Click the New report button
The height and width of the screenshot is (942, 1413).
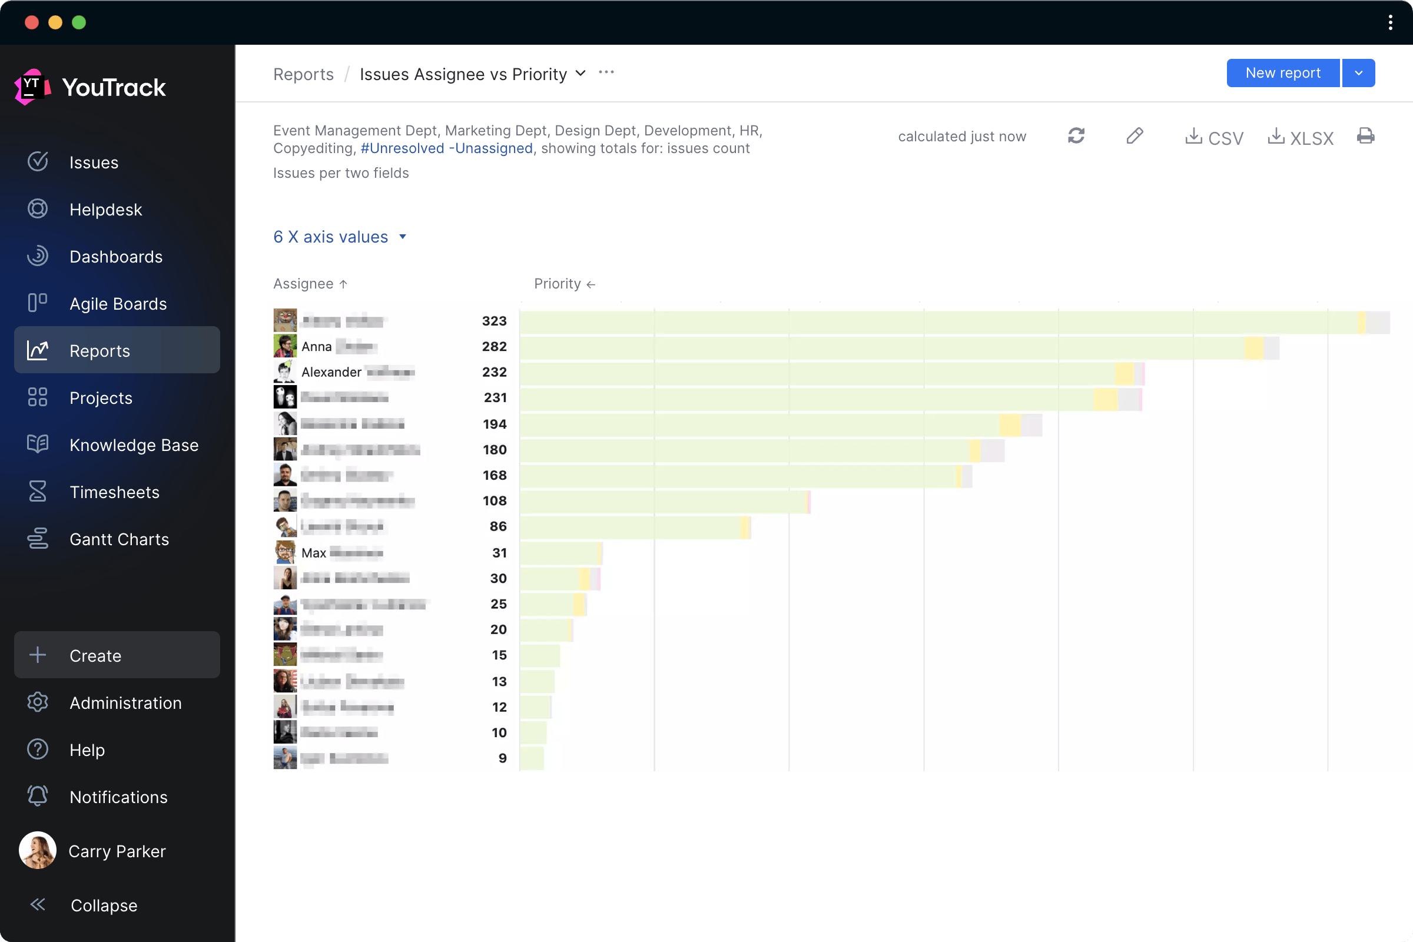1282,72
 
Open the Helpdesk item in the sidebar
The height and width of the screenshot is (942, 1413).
105,210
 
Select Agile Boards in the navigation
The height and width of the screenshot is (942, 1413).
117,303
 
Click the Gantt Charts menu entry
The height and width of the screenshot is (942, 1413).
118,539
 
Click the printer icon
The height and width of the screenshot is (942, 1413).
1365,136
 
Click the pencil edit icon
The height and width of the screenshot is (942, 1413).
1135,136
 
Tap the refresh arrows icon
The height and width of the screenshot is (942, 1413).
1076,136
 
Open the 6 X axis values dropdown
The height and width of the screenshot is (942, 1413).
340,237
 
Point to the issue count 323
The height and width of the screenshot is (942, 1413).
494,321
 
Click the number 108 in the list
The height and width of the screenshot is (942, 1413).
495,500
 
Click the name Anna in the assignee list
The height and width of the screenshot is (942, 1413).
317,347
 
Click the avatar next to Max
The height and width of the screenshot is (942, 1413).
285,552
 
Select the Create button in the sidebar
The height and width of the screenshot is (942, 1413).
117,655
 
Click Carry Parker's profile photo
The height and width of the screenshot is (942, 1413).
37,850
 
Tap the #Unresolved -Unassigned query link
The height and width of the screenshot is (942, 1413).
446,148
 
